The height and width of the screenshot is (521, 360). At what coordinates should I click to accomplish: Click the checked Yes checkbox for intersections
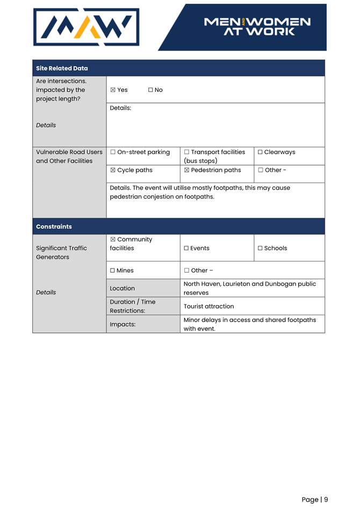[x=113, y=90]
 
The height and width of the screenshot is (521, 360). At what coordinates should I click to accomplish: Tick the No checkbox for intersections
[x=150, y=90]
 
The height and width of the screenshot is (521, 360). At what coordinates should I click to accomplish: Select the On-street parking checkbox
[x=113, y=153]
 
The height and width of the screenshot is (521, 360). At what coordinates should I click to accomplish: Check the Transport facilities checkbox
[x=186, y=153]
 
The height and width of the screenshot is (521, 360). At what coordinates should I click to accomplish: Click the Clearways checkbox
[x=260, y=153]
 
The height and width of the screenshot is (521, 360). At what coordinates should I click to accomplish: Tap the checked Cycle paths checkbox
[x=113, y=170]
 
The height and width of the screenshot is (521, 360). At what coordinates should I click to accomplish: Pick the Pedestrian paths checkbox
[x=186, y=170]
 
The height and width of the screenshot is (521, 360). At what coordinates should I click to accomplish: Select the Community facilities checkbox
[x=113, y=240]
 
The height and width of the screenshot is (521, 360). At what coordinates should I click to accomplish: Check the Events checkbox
[x=186, y=248]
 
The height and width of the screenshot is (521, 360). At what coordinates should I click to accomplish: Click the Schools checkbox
[x=260, y=248]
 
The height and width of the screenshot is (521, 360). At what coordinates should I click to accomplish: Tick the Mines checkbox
[x=113, y=271]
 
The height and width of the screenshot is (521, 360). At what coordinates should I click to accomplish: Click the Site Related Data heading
[x=62, y=68]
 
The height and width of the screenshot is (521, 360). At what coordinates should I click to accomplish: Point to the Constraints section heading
[x=54, y=227]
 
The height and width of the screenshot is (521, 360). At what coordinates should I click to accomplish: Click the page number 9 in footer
[x=326, y=500]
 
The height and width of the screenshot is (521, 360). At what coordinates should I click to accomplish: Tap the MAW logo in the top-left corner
[x=86, y=27]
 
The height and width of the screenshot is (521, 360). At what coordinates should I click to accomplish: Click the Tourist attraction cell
[x=209, y=306]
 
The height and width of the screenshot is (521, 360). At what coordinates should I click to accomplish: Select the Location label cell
[x=123, y=288]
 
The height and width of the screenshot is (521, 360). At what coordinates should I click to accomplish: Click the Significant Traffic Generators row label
[x=61, y=252]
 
